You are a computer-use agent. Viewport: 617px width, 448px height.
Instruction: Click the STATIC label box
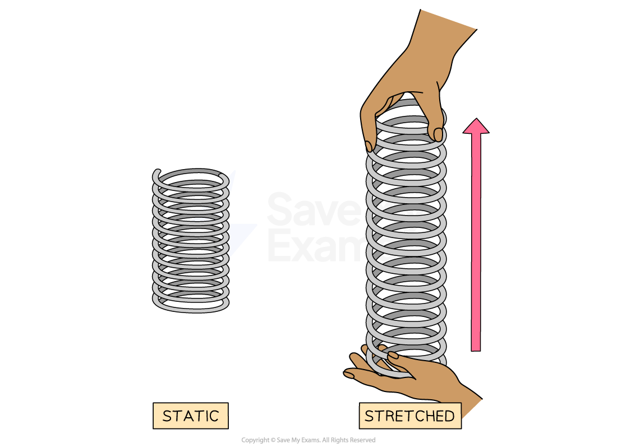pyautogui.click(x=190, y=416)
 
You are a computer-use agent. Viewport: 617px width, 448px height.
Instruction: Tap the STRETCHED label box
pyautogui.click(x=410, y=416)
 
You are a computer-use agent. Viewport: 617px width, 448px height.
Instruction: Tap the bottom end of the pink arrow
pyautogui.click(x=476, y=348)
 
